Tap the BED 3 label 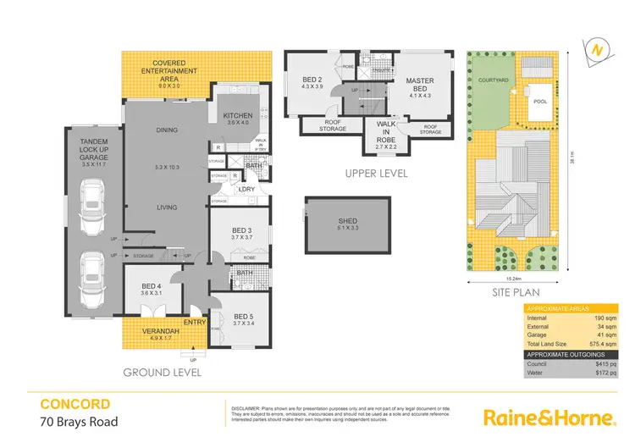click(x=242, y=230)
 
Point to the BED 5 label click(x=242, y=314)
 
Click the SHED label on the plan click(x=348, y=222)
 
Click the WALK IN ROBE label click(x=385, y=134)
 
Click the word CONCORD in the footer click(x=75, y=405)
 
